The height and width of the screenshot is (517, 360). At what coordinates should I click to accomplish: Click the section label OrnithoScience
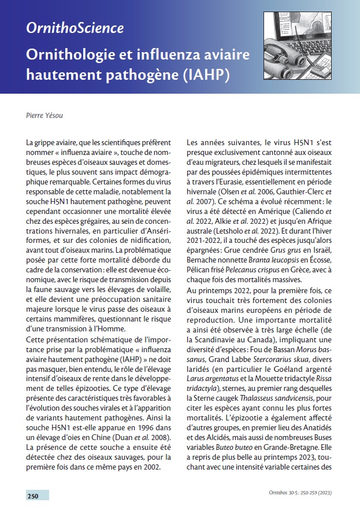coord(75,28)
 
